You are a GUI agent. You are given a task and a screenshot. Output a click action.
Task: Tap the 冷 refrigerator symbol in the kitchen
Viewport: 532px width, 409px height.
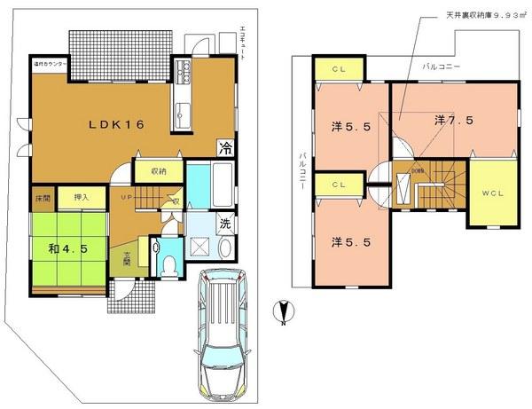click(x=227, y=149)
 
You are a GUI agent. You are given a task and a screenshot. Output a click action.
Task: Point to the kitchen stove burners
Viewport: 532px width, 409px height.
click(x=184, y=69)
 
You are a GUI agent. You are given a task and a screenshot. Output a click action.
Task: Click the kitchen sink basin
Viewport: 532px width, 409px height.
click(x=184, y=114)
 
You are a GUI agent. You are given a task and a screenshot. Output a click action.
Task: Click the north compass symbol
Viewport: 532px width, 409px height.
click(x=282, y=311)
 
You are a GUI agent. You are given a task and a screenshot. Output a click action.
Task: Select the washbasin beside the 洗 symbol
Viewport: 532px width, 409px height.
click(x=226, y=248)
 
